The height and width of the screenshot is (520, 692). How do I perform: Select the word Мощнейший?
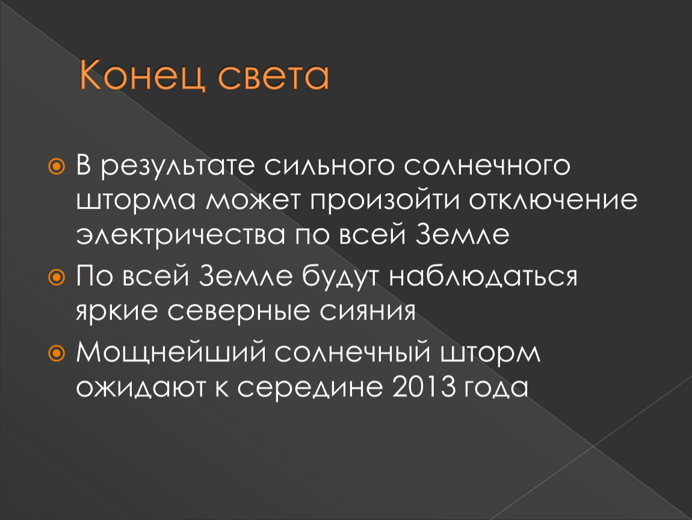(173, 353)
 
